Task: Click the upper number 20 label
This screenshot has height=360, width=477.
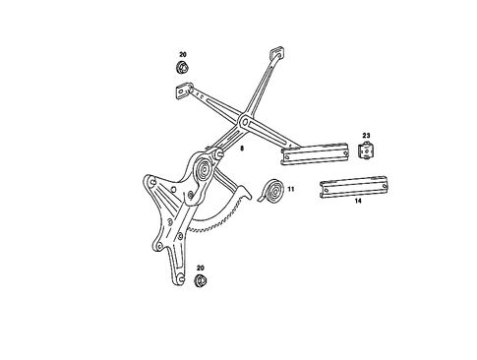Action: tap(182, 55)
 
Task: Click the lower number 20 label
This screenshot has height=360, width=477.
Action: tap(201, 268)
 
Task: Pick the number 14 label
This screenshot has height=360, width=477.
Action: tap(358, 201)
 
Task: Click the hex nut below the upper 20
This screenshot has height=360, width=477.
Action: tap(182, 68)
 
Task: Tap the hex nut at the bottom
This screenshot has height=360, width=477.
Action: tap(201, 281)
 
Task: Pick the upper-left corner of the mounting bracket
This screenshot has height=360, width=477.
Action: tap(149, 181)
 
